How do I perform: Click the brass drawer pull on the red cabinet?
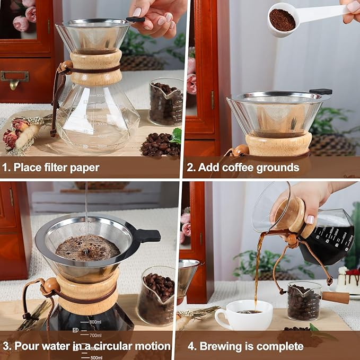pos(14,78)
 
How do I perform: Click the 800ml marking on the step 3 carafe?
pos(95,322)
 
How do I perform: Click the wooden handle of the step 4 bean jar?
pos(335,297)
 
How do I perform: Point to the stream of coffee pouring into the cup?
pos(258,270)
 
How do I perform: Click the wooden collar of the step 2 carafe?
pos(278,144)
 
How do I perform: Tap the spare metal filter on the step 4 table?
pos(189,279)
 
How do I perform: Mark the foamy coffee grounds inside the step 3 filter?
pos(87,247)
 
